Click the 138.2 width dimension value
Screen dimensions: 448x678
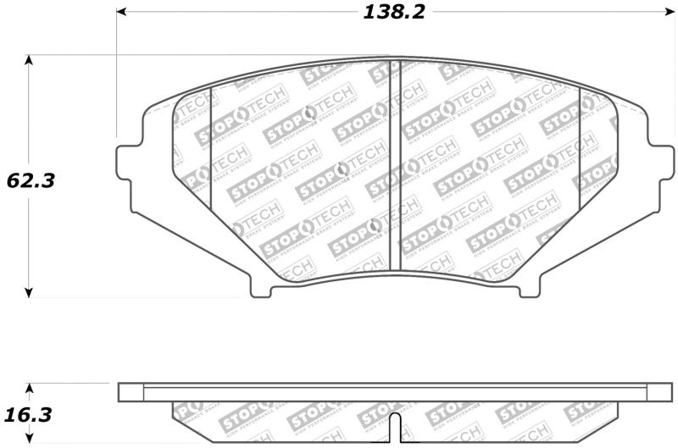394,11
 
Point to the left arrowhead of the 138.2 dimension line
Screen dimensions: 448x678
120,12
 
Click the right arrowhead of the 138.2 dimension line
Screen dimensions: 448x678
667,12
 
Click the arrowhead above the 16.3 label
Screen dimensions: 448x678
30,389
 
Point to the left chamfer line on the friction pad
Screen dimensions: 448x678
209,144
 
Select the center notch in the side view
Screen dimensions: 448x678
394,429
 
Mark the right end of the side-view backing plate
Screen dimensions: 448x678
660,392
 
